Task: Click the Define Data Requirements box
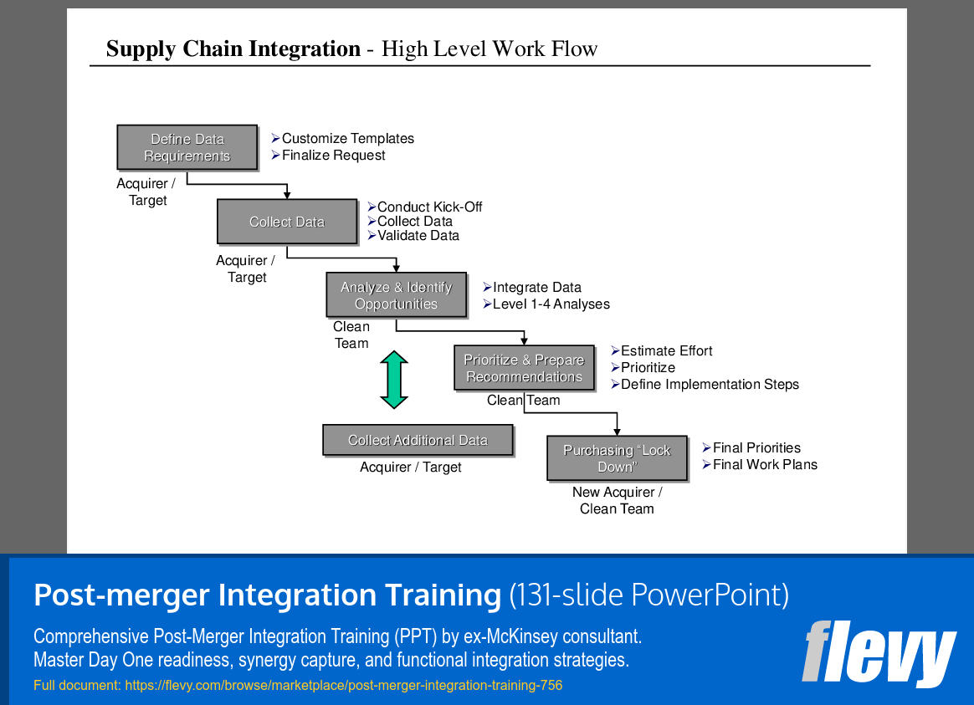[x=187, y=147]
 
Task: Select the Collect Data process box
[x=286, y=222]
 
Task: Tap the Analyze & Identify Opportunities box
[x=396, y=295]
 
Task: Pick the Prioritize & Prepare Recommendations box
[x=524, y=368]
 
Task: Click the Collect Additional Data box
[x=418, y=440]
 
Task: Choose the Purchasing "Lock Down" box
[x=617, y=458]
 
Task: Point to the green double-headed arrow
[x=394, y=380]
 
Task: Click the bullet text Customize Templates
[x=347, y=139]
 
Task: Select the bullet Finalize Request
[x=333, y=156]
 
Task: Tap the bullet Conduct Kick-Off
[x=429, y=207]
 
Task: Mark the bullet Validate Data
[x=418, y=236]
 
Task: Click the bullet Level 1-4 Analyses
[x=551, y=304]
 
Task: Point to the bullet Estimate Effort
[x=666, y=351]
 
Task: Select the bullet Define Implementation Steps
[x=710, y=385]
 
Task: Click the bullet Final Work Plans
[x=765, y=465]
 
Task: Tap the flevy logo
[x=879, y=653]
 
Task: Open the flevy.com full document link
[x=343, y=686]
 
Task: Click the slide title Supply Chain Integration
[x=233, y=49]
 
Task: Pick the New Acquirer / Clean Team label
[x=617, y=500]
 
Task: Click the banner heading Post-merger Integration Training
[x=267, y=595]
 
